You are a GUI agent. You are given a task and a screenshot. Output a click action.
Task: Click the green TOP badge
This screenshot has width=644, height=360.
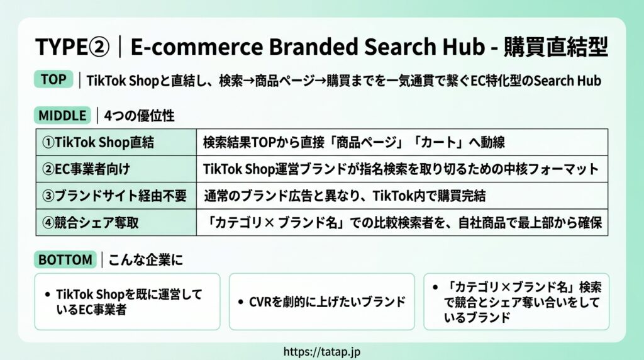pyautogui.click(x=53, y=79)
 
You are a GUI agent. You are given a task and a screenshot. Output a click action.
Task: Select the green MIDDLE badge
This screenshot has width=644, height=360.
pyautogui.click(x=62, y=115)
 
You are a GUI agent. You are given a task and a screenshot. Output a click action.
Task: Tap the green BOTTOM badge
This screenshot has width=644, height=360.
pyautogui.click(x=65, y=260)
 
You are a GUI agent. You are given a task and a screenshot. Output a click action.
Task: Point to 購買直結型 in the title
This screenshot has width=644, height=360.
pyautogui.click(x=556, y=47)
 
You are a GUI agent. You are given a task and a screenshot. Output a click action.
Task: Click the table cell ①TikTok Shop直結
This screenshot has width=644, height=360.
pyautogui.click(x=116, y=142)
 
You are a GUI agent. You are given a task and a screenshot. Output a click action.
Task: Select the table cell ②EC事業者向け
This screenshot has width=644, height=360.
pyautogui.click(x=116, y=169)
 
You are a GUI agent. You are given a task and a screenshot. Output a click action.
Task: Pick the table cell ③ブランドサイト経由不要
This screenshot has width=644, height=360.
pyautogui.click(x=116, y=196)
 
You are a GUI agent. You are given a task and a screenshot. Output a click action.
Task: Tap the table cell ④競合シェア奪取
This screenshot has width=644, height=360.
pyautogui.click(x=116, y=222)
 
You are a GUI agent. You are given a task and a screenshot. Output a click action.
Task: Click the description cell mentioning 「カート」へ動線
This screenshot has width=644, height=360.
pyautogui.click(x=402, y=142)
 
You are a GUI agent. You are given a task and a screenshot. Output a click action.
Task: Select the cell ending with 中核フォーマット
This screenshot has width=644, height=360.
pyautogui.click(x=402, y=169)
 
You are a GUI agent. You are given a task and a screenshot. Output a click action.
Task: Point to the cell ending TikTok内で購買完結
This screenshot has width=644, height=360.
pyautogui.click(x=402, y=196)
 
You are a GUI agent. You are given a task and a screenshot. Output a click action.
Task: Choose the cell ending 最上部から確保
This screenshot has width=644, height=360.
pyautogui.click(x=402, y=222)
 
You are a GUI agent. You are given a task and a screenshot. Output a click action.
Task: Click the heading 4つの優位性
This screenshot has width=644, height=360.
pyautogui.click(x=139, y=116)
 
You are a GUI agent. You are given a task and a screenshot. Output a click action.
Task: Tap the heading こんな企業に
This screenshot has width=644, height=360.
pyautogui.click(x=146, y=260)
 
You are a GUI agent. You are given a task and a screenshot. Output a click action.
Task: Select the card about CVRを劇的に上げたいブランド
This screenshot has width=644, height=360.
pyautogui.click(x=321, y=301)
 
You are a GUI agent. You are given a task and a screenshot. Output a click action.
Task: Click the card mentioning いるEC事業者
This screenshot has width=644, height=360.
pyautogui.click(x=127, y=301)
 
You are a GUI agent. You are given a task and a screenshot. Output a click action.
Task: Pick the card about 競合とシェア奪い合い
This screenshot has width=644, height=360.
pyautogui.click(x=516, y=301)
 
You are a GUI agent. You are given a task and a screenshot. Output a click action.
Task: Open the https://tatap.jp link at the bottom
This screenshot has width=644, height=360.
pyautogui.click(x=322, y=352)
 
